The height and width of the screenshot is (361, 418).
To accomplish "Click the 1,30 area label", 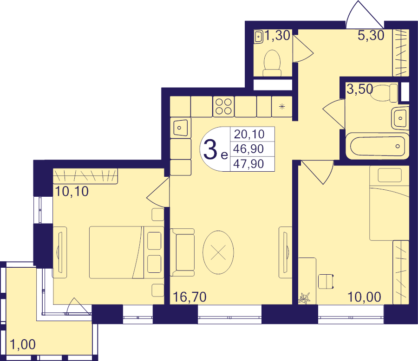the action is pyautogui.click(x=277, y=36).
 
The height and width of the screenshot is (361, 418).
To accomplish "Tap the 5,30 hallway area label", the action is pyautogui.click(x=371, y=35).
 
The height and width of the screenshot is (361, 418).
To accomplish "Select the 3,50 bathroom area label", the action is pyautogui.click(x=359, y=89).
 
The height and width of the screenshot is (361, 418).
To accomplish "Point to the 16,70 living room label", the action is pyautogui.click(x=189, y=297).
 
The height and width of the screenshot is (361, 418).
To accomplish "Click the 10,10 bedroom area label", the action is pyautogui.click(x=72, y=192).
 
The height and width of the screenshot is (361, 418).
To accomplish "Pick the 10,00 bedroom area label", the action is pyautogui.click(x=365, y=297).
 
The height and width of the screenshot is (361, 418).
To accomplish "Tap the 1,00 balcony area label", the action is pyautogui.click(x=23, y=344).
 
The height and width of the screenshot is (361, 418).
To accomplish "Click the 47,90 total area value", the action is pyautogui.click(x=248, y=164).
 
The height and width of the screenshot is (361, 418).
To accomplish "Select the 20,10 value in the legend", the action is pyautogui.click(x=249, y=134).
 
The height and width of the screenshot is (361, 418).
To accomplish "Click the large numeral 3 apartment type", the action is pyautogui.click(x=210, y=150).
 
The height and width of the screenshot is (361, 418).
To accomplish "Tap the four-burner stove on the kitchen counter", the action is pyautogui.click(x=223, y=107).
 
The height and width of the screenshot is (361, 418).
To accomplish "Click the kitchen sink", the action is pyautogui.click(x=181, y=128).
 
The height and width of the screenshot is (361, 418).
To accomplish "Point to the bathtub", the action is pyautogui.click(x=377, y=146).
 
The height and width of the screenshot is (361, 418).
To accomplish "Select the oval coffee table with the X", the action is pyautogui.click(x=218, y=252).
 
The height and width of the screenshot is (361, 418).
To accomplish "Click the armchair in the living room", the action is pyautogui.click(x=183, y=252).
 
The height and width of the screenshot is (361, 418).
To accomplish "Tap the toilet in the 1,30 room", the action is pyautogui.click(x=272, y=64).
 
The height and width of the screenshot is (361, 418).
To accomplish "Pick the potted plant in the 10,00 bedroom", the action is pyautogui.click(x=304, y=298).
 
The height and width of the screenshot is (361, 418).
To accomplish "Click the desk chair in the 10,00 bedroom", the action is pyautogui.click(x=326, y=281).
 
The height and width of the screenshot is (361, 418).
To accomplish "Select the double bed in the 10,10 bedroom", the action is pyautogui.click(x=126, y=252).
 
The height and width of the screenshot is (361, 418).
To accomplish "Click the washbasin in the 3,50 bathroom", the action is pyautogui.click(x=400, y=118).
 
